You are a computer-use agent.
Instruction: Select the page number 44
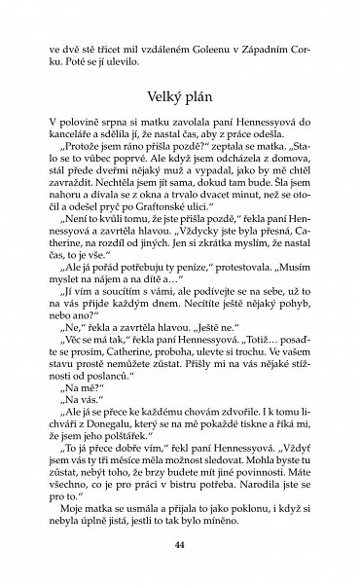click(179, 543)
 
